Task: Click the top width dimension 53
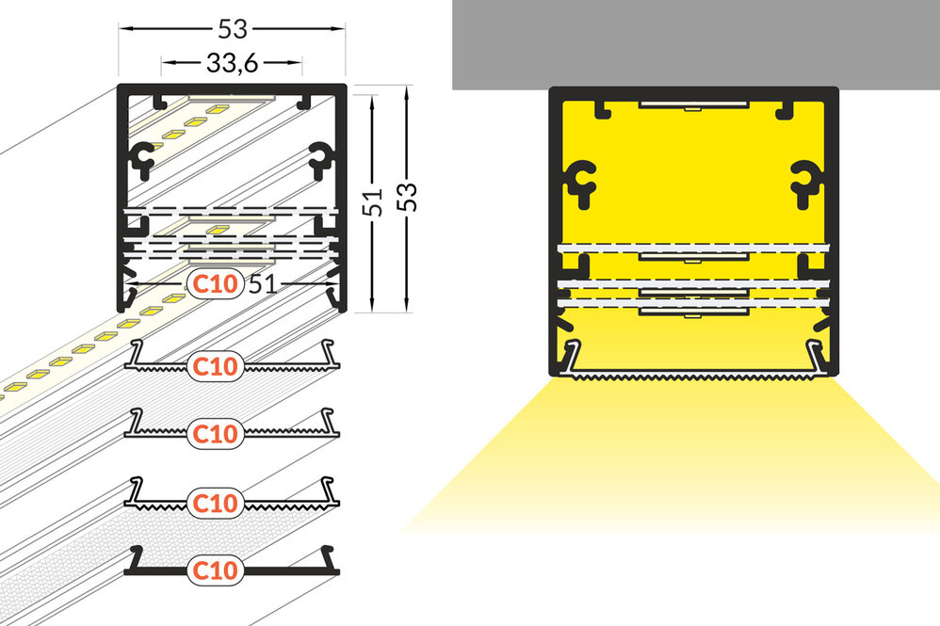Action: [x=232, y=28]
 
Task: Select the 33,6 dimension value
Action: [x=232, y=62]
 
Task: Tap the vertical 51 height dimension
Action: [x=372, y=201]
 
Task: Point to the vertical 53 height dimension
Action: [x=407, y=196]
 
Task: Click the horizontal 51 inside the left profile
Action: [x=263, y=284]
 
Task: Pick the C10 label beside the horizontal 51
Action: [x=215, y=283]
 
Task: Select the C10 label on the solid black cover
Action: [x=215, y=570]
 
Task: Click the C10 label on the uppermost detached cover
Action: [x=215, y=366]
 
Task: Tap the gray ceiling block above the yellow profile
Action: [x=696, y=43]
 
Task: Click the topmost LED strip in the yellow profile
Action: [x=694, y=105]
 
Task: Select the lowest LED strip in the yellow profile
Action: [x=694, y=311]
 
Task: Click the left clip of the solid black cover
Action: [x=135, y=558]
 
